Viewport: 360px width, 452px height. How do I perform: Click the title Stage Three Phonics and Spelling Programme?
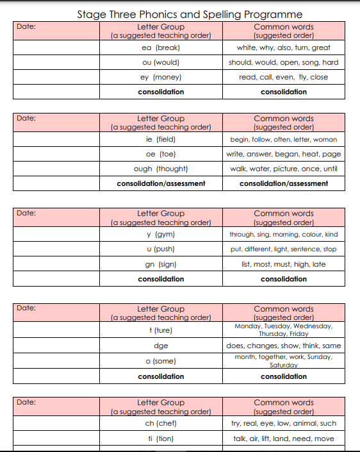tap(190, 14)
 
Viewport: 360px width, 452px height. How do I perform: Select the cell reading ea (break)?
tap(161, 47)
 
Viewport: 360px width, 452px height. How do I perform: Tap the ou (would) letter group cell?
tap(161, 62)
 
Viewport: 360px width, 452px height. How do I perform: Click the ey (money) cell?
tap(161, 77)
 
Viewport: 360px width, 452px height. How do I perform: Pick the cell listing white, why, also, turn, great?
tap(284, 47)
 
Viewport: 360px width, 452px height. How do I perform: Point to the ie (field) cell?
tap(161, 139)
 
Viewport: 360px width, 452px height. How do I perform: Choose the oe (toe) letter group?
tap(161, 154)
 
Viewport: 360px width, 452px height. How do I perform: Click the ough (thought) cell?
tap(161, 169)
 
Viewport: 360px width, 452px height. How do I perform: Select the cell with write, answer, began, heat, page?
tap(284, 154)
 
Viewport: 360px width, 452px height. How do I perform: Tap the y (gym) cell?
tap(161, 235)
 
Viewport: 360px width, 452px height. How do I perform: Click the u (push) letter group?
tap(161, 249)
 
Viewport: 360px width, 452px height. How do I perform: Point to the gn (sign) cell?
tap(161, 264)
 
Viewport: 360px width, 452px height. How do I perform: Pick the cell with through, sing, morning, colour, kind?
tap(284, 235)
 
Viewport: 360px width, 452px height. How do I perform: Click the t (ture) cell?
tap(161, 330)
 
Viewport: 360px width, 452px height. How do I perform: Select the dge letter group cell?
tap(161, 346)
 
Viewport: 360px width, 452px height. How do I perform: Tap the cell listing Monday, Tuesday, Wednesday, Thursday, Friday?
tap(284, 330)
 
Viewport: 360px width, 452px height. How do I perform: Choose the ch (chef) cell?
tap(161, 423)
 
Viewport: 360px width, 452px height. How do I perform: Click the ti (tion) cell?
tap(161, 439)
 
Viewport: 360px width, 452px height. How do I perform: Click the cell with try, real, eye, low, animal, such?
tap(284, 423)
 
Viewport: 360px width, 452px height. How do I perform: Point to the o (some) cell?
tap(161, 361)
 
